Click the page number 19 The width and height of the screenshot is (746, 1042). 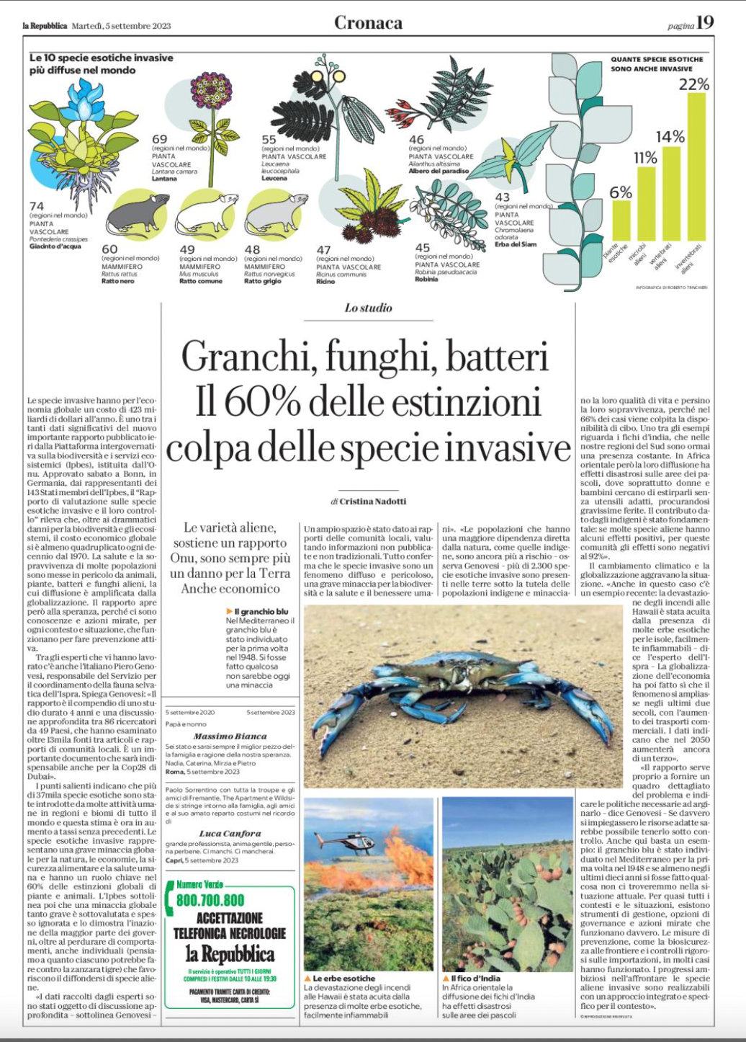tap(705, 22)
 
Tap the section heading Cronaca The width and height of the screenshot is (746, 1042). tap(368, 22)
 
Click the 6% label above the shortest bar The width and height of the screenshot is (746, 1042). tap(620, 192)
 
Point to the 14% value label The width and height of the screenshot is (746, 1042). tap(670, 136)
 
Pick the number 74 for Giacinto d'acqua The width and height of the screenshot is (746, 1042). tap(37, 206)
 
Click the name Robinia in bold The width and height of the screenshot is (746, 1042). tap(426, 280)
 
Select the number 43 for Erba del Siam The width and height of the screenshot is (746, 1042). tap(502, 197)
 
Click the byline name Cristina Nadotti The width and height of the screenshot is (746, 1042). tap(372, 501)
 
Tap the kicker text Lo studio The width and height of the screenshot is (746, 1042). tap(368, 308)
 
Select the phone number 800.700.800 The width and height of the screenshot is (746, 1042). tap(210, 901)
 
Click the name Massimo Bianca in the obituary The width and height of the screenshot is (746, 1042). tap(230, 736)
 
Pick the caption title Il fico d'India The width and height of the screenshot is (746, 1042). tap(475, 978)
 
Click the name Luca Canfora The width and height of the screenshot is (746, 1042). tap(230, 834)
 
